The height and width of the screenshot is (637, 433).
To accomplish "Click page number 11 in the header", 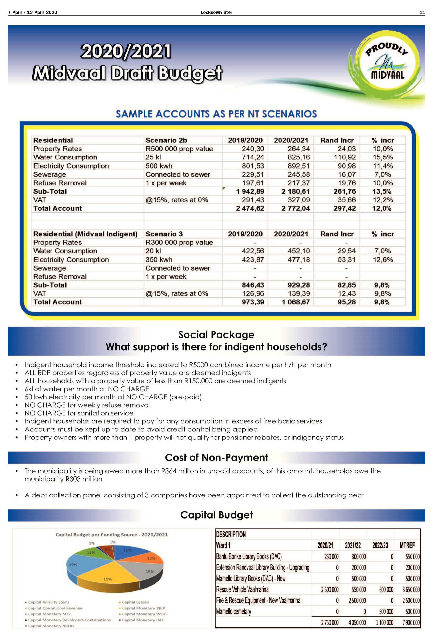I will click(422, 12).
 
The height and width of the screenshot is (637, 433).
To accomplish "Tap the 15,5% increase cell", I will click(383, 157).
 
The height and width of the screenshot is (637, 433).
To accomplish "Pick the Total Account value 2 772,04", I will click(296, 208).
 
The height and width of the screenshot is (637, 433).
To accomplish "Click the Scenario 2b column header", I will click(166, 140).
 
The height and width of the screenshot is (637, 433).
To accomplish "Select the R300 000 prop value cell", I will click(179, 242).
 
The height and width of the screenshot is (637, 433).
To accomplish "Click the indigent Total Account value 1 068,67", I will click(296, 302).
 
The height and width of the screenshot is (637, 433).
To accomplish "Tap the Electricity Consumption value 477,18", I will click(299, 259).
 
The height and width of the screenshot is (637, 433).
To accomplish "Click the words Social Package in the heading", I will click(216, 335).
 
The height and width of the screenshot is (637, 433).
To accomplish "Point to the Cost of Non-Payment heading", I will click(216, 457).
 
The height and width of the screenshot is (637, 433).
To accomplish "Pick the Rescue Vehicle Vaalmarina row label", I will click(242, 589).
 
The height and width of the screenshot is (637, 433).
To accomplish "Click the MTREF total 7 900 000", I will click(411, 622).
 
